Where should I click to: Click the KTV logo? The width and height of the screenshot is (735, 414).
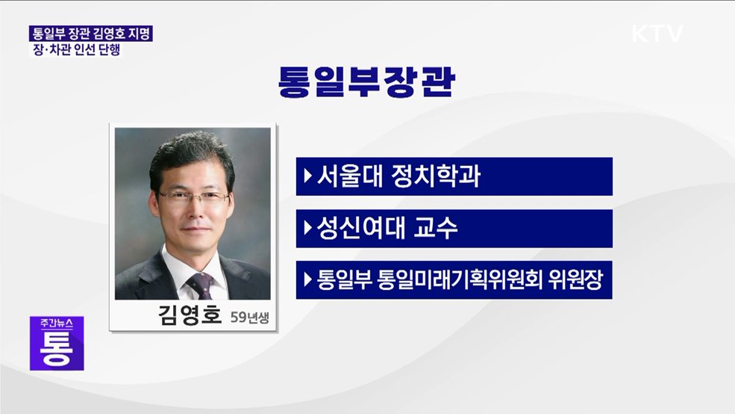click(x=657, y=34)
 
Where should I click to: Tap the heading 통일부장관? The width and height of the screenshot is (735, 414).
click(x=366, y=83)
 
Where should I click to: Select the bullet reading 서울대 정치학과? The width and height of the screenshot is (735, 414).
click(x=454, y=177)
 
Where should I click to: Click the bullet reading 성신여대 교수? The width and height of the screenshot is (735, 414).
click(x=454, y=229)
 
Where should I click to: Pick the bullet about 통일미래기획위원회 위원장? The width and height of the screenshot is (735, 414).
click(x=454, y=280)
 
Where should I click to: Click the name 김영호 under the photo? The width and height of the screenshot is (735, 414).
click(x=190, y=315)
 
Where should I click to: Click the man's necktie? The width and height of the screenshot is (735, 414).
click(x=199, y=285)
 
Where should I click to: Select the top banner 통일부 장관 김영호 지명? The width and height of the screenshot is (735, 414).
click(x=90, y=34)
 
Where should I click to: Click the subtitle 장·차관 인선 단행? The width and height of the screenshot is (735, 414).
click(x=75, y=51)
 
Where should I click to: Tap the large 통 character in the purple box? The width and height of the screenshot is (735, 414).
click(x=57, y=349)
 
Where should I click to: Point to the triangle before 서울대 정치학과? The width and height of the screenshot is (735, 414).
click(x=307, y=177)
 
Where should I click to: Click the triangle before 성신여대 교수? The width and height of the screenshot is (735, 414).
click(x=307, y=229)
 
